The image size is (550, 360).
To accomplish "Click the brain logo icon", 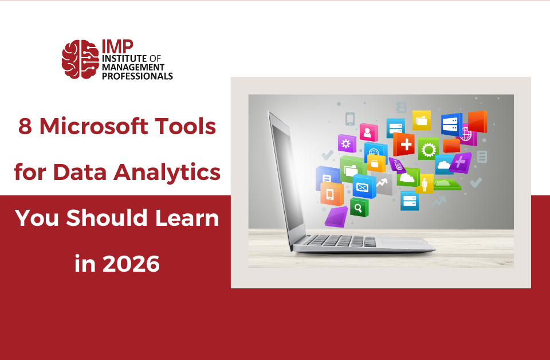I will click(x=80, y=59).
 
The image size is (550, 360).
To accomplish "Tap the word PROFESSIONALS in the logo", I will click(x=137, y=75).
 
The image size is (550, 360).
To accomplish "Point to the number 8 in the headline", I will click(x=25, y=126).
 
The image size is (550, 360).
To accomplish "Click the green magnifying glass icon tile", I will click(x=359, y=207).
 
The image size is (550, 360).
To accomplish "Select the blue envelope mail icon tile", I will click(x=363, y=187).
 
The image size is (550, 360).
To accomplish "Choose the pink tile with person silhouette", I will click(x=368, y=132).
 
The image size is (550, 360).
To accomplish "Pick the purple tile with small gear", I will click(x=346, y=143).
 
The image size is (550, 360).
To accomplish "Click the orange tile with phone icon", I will click(x=331, y=194).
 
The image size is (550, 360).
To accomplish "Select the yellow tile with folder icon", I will click(x=422, y=120).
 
